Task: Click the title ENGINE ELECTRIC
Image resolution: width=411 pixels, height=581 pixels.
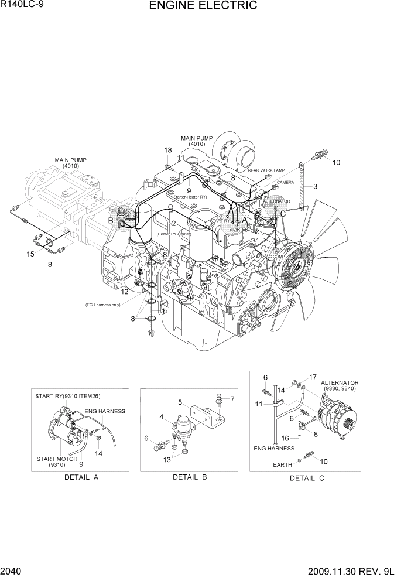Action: (x=203, y=6)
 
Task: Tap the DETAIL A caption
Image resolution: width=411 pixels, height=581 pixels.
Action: (x=81, y=477)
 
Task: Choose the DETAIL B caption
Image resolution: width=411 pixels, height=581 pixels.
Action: (x=190, y=477)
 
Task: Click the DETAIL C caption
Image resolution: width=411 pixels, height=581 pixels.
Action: (x=307, y=478)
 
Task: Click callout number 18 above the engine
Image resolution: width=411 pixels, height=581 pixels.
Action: (x=167, y=151)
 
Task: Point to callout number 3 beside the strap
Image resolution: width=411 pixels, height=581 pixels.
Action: (x=315, y=187)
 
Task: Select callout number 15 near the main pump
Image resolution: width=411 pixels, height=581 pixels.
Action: (x=30, y=254)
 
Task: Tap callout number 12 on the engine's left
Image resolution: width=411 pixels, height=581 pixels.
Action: (x=125, y=291)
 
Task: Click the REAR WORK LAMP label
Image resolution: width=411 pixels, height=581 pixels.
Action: (x=266, y=170)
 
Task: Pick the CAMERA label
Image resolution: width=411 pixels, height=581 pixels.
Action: (x=285, y=182)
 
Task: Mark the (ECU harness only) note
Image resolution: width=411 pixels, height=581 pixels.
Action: (x=103, y=305)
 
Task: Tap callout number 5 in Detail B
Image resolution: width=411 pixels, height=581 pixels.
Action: (x=181, y=402)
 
